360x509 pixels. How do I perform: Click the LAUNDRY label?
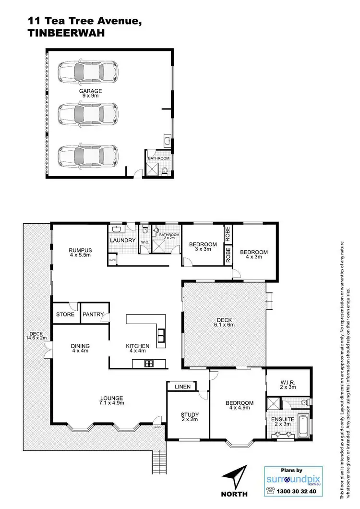[120, 240]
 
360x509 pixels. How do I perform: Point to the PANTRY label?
[93, 315]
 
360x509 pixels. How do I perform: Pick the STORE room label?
[65, 315]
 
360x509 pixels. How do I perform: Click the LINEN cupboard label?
[182, 387]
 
